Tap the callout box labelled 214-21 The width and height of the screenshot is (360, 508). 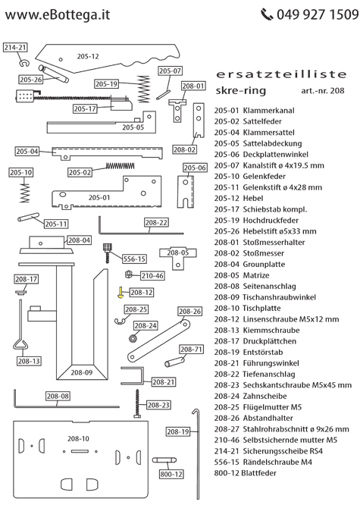(x=15, y=47)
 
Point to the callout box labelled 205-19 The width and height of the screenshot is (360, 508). (x=107, y=83)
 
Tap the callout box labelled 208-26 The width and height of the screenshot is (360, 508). (x=190, y=312)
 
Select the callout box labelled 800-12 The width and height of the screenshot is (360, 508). (x=171, y=474)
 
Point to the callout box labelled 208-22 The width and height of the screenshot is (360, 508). (x=155, y=223)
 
